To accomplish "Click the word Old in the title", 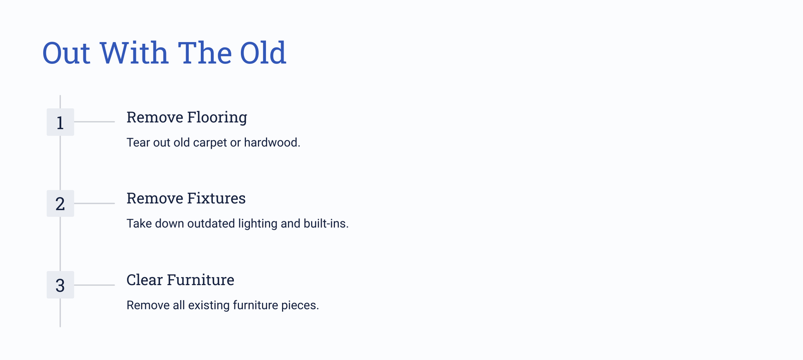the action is click(x=263, y=53).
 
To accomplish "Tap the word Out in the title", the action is click(x=66, y=53).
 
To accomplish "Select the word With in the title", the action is click(x=133, y=53).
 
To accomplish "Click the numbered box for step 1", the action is click(x=60, y=122).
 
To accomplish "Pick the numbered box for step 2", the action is click(x=60, y=203).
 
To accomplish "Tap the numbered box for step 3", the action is click(x=60, y=285).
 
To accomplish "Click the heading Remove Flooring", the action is click(x=187, y=117).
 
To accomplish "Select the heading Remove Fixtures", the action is click(x=186, y=198).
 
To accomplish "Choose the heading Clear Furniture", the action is click(x=180, y=280).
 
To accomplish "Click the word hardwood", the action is click(x=272, y=143).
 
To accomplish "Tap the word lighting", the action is click(x=258, y=224).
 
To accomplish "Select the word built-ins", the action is click(x=326, y=223).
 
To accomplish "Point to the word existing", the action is click(x=209, y=305).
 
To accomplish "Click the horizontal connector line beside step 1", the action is click(x=94, y=122).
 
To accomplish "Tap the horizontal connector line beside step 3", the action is click(x=94, y=285).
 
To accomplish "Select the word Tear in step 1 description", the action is click(x=139, y=143).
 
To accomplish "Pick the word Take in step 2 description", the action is click(x=139, y=223).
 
